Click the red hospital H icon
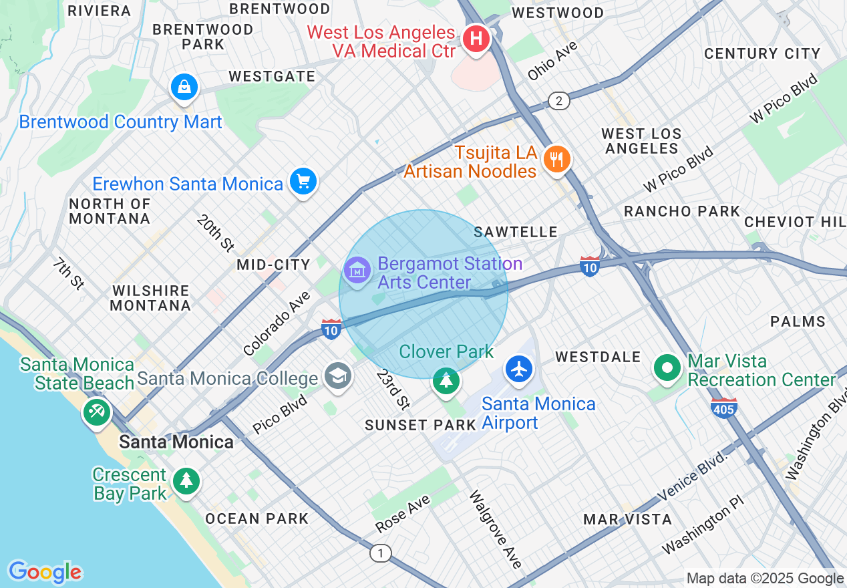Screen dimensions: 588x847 pyautogui.click(x=476, y=39)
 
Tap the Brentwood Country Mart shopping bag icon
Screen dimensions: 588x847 pyautogui.click(x=183, y=87)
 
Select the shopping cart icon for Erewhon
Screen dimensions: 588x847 pyautogui.click(x=303, y=180)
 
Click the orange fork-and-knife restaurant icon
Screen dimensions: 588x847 pyautogui.click(x=556, y=159)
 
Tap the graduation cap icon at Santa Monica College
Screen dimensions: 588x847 pyautogui.click(x=338, y=376)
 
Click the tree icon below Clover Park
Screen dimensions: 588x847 pyautogui.click(x=446, y=381)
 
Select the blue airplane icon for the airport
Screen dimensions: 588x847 pyautogui.click(x=518, y=369)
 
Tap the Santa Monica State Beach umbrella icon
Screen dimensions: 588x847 pyautogui.click(x=96, y=412)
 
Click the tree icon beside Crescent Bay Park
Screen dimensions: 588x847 pyautogui.click(x=186, y=480)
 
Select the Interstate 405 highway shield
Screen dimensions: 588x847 pyautogui.click(x=724, y=407)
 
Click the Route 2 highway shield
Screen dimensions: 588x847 pyautogui.click(x=559, y=101)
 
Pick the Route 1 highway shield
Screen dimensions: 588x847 pyautogui.click(x=381, y=553)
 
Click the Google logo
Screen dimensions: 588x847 pyautogui.click(x=45, y=572)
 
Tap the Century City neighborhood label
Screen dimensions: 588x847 pyautogui.click(x=762, y=53)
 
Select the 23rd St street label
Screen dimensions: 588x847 pyautogui.click(x=392, y=389)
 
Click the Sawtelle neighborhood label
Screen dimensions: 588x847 pyautogui.click(x=515, y=232)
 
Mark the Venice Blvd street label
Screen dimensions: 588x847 pyautogui.click(x=691, y=476)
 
